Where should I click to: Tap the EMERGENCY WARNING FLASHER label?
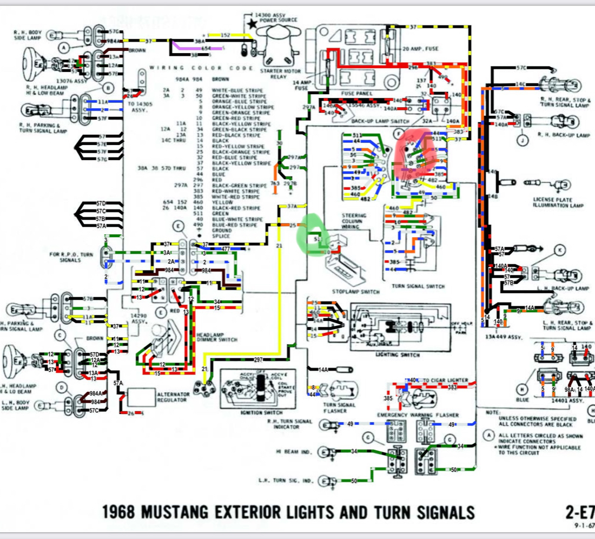pyautogui.click(x=418, y=415)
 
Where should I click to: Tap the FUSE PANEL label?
pyautogui.click(x=354, y=93)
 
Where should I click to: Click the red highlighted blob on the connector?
pyautogui.click(x=415, y=156)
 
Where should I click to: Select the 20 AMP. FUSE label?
pyautogui.click(x=421, y=49)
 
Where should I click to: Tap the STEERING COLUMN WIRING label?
pyautogui.click(x=354, y=220)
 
